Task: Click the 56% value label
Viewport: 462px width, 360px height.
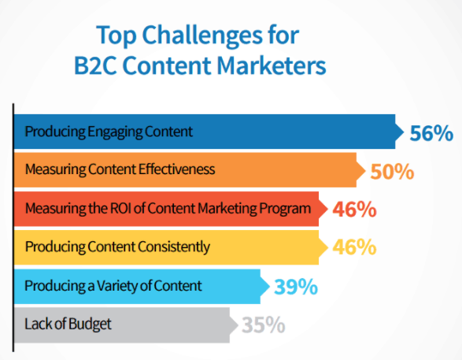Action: click(x=431, y=132)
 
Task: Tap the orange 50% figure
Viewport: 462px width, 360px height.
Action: click(x=391, y=171)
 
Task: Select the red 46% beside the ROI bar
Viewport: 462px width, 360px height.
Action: click(x=353, y=210)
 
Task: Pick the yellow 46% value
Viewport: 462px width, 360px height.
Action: click(x=353, y=247)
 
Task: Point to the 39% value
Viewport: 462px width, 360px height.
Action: click(x=295, y=286)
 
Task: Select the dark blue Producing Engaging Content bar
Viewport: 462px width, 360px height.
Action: click(x=205, y=131)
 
